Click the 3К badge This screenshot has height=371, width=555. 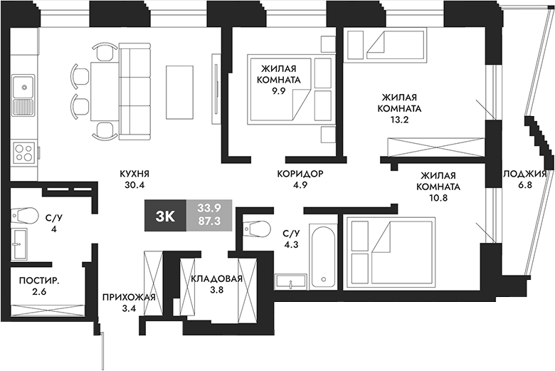(165, 216)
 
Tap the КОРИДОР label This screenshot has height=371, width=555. (300, 174)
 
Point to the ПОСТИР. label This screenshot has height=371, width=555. (39, 281)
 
